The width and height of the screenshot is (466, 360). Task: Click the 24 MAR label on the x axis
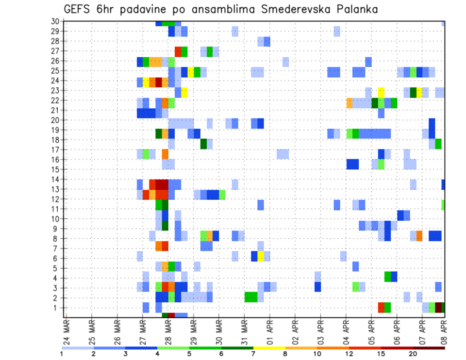point(66,331)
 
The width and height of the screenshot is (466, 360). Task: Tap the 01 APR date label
point(269,331)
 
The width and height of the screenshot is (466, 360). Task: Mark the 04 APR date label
point(346,331)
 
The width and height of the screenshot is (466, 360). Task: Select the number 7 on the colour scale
point(253,354)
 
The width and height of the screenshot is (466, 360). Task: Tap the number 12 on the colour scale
point(349,354)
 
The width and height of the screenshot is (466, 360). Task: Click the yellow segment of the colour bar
point(269,347)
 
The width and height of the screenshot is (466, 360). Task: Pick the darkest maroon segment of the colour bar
point(429,347)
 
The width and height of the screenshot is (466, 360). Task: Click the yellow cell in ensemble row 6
point(261,256)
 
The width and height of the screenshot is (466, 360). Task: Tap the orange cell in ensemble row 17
point(165,154)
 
